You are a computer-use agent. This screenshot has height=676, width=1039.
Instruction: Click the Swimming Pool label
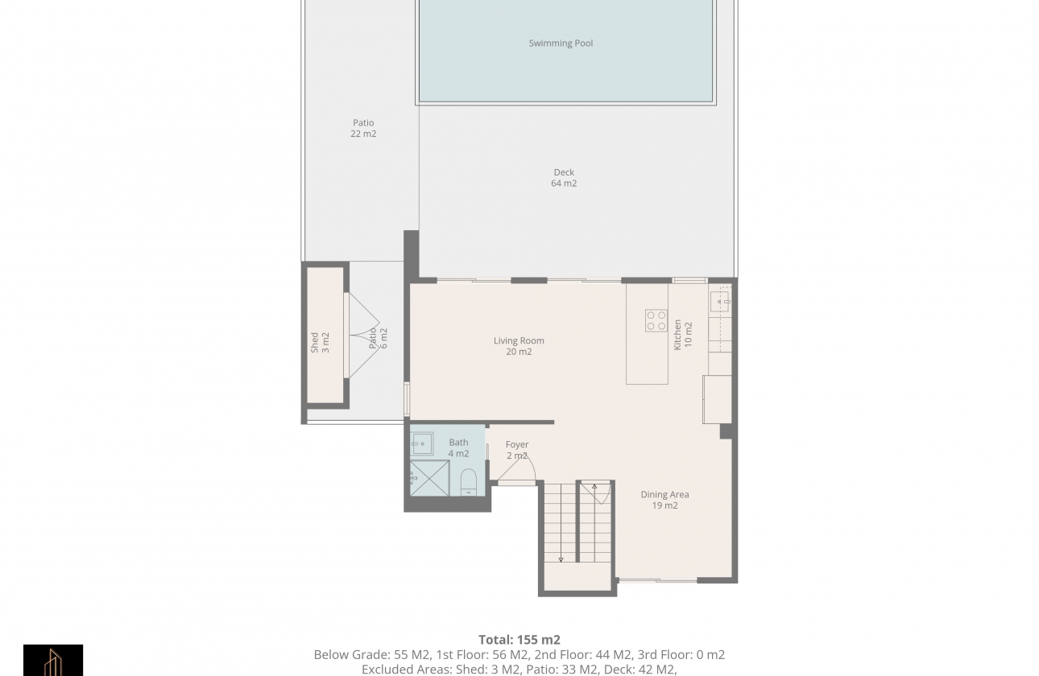[561, 43]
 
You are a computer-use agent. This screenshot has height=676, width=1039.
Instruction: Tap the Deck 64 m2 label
[564, 178]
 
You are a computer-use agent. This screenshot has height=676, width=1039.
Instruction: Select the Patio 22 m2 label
[363, 128]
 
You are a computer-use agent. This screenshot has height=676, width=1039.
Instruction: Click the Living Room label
[519, 340]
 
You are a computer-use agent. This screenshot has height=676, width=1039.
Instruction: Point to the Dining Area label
[664, 494]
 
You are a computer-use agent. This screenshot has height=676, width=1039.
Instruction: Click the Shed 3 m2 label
[320, 342]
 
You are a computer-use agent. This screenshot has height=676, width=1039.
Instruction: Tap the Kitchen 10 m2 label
[683, 335]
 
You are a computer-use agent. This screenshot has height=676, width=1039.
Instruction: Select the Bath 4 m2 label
[458, 448]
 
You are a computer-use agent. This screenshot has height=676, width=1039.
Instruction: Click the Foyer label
[517, 444]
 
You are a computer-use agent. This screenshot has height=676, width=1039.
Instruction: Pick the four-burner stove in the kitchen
[656, 320]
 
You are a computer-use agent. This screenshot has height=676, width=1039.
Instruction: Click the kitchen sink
[720, 302]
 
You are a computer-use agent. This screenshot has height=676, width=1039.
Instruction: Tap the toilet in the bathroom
[469, 482]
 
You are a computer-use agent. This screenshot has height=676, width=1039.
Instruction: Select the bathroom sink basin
[421, 444]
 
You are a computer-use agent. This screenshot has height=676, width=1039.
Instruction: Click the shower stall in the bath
[429, 478]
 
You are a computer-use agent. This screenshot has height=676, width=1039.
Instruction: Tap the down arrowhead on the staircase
[561, 559]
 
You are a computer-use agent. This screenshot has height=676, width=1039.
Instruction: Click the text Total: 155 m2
[519, 640]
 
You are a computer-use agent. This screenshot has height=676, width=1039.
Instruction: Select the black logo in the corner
[53, 660]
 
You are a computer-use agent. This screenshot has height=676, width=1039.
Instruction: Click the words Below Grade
[352, 655]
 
